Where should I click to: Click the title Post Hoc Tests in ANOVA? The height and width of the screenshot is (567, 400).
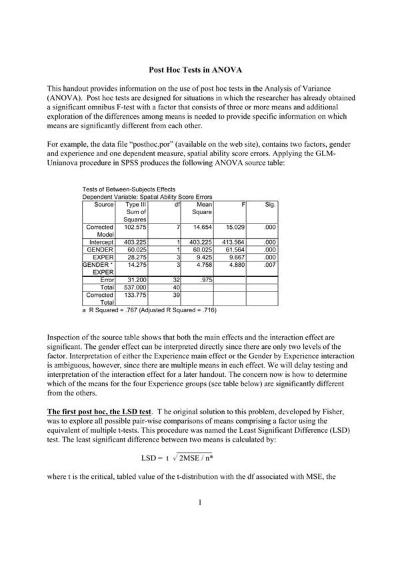tap(200, 69)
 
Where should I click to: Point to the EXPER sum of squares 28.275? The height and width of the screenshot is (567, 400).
tap(136, 257)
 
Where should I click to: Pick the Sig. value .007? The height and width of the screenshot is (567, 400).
tap(269, 265)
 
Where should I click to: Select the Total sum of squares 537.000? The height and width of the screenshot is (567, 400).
tap(135, 287)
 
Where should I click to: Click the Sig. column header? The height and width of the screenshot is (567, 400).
tap(270, 204)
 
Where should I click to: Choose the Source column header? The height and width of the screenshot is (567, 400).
tap(104, 204)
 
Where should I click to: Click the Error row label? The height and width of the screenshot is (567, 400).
tap(107, 279)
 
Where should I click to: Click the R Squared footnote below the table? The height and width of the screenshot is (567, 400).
tap(149, 310)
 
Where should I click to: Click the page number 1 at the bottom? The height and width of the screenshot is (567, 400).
tap(200, 521)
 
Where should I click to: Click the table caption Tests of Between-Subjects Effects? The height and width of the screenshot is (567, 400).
tap(128, 189)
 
